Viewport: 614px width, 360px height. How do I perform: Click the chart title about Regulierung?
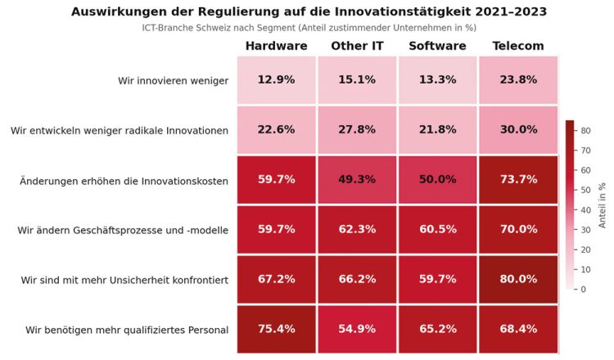[309, 11]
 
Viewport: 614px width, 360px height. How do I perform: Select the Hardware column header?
[276, 46]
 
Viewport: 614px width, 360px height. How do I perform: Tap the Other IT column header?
[357, 46]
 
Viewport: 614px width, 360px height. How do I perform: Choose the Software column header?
[437, 46]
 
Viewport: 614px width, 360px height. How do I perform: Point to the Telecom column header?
[517, 46]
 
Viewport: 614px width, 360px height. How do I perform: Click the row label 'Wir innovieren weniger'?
[173, 80]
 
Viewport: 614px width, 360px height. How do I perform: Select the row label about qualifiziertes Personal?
[127, 330]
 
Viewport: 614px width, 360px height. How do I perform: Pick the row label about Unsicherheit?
[124, 280]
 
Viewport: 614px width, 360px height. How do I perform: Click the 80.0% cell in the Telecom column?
[517, 279]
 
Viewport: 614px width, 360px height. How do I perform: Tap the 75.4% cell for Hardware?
[277, 329]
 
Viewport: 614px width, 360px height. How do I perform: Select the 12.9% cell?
[277, 80]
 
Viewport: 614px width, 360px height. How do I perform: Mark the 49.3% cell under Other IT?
[357, 179]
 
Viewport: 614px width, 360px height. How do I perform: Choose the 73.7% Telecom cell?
[517, 179]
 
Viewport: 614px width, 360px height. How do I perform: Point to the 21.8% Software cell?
[437, 129]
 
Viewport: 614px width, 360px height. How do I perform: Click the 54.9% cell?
[357, 329]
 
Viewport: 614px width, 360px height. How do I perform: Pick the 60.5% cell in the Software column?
[437, 230]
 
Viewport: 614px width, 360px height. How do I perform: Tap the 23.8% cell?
[517, 80]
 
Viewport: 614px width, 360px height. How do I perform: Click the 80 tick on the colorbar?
[586, 131]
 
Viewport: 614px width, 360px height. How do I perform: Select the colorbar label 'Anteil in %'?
[602, 205]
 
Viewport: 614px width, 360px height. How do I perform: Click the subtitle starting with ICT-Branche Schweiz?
[309, 28]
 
